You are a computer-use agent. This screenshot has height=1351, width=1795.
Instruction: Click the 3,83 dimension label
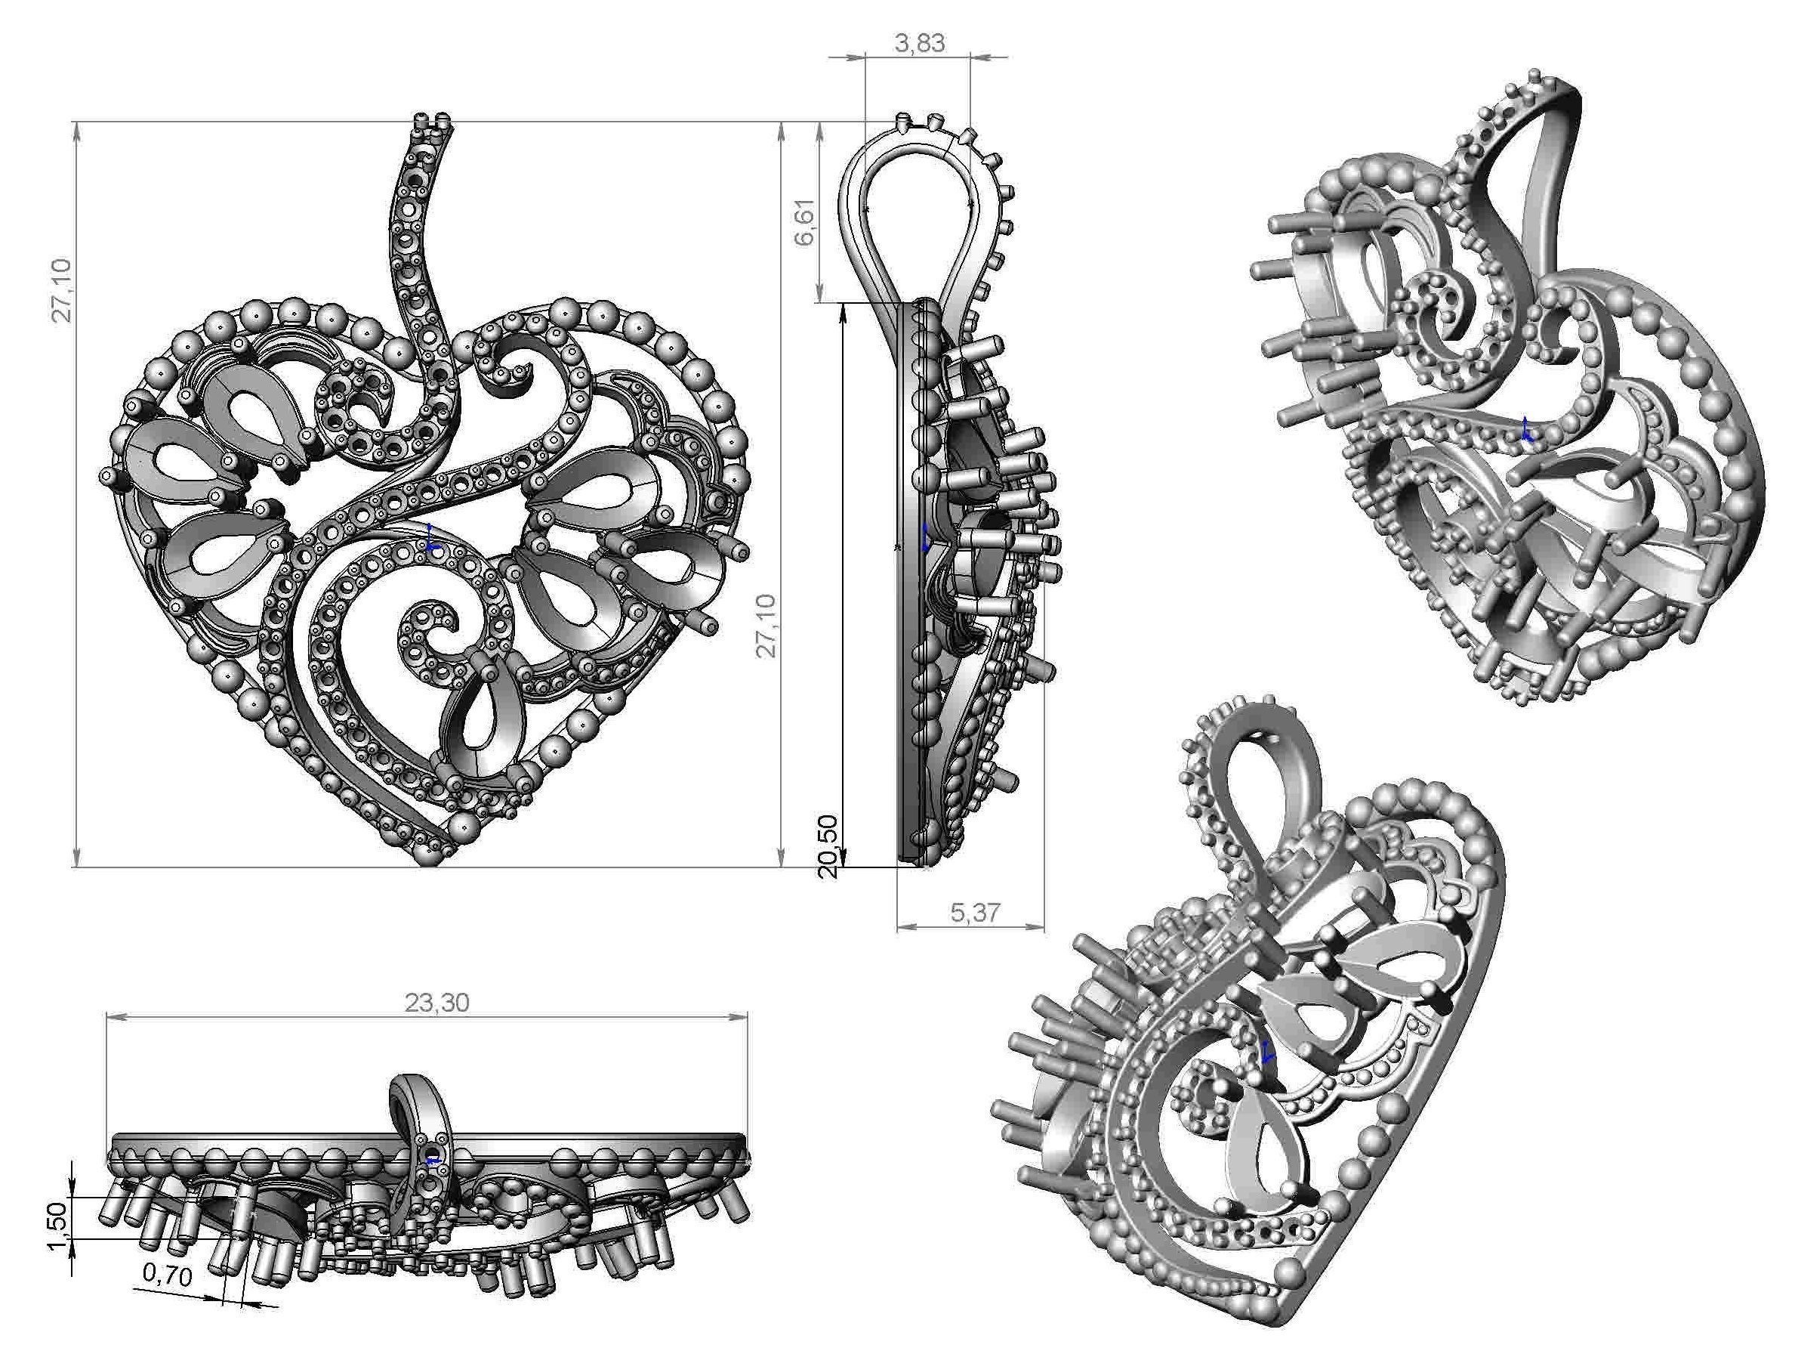point(920,43)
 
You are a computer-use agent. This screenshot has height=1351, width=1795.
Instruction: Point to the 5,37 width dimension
point(975,914)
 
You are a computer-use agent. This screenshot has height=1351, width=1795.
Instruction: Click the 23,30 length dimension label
point(436,1003)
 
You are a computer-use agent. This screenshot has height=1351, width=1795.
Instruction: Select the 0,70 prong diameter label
point(168,1275)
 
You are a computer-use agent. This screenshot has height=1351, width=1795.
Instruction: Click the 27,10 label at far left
point(63,291)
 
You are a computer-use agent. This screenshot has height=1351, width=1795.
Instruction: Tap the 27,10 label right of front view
point(766,625)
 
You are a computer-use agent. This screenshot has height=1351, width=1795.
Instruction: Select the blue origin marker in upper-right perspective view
point(1526,430)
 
